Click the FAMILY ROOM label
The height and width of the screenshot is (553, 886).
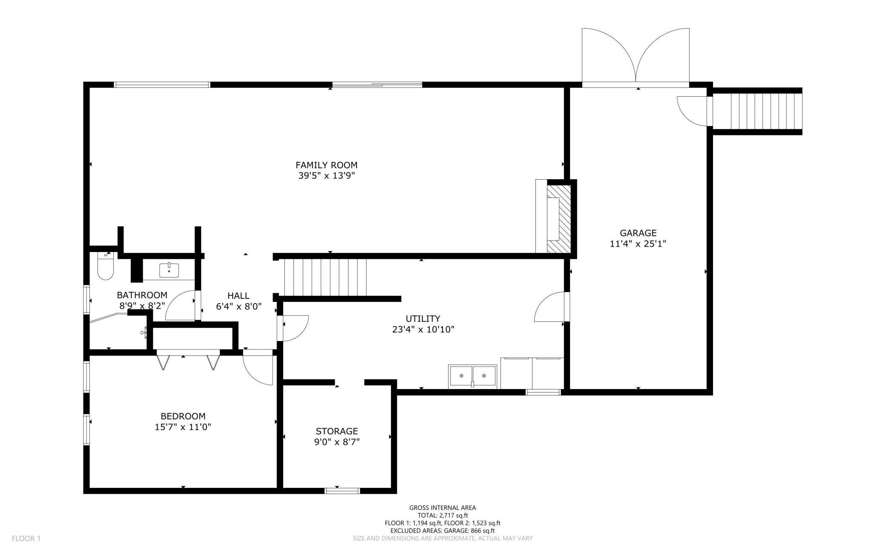tap(326, 165)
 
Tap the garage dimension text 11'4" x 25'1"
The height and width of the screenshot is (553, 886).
tap(638, 244)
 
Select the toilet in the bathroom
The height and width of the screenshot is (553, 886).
tap(105, 266)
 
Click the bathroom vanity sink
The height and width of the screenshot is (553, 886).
tap(169, 270)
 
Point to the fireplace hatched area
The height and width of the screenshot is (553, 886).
tap(559, 219)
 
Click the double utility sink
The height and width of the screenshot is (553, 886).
tap(472, 376)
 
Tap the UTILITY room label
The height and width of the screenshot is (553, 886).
tap(423, 318)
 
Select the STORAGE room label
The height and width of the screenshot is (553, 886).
tap(337, 431)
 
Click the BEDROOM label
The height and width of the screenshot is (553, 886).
tap(183, 416)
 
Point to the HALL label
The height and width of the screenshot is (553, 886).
tap(238, 295)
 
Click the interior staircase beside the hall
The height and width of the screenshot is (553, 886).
tap(325, 278)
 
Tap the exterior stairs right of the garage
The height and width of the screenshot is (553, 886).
tap(757, 111)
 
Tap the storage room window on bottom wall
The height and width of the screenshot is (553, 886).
tap(342, 491)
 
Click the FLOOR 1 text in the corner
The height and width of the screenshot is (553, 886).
tap(26, 539)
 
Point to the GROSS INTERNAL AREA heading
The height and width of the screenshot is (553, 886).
tap(443, 507)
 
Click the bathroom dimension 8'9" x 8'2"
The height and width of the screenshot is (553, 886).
tap(142, 305)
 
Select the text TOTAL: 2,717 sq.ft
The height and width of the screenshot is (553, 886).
tap(443, 515)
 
